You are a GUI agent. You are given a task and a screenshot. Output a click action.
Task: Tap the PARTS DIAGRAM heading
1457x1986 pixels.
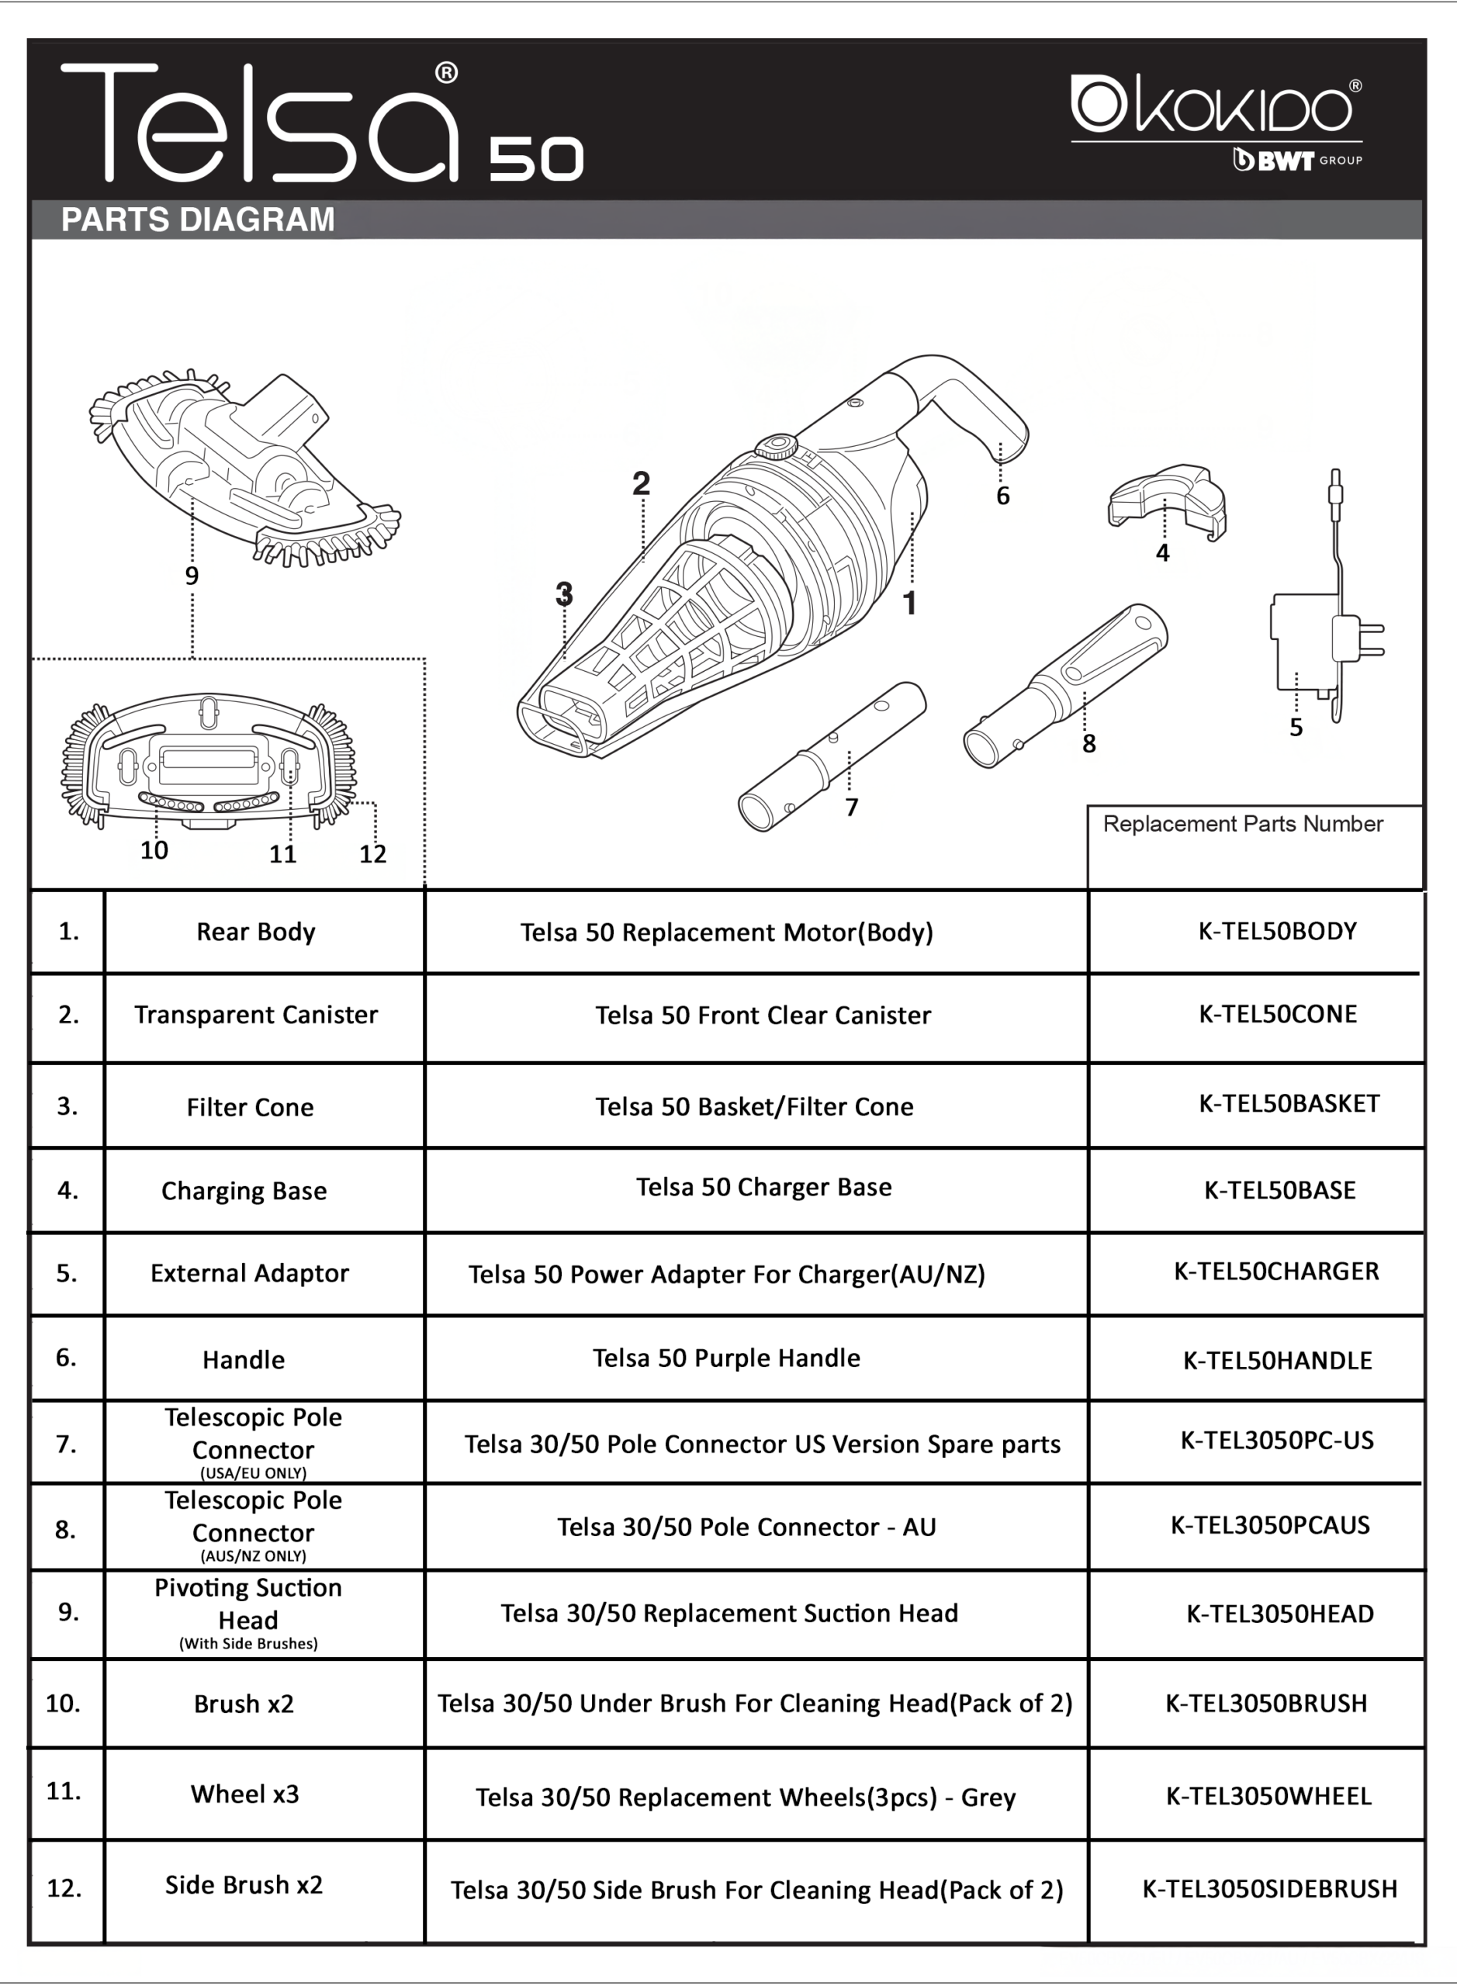click(198, 220)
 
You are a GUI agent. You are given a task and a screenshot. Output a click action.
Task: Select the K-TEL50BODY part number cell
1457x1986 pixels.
click(1277, 931)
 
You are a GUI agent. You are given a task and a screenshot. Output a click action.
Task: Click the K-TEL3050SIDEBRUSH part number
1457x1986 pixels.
click(1270, 1888)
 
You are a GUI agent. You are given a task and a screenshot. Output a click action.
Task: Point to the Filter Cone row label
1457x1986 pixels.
click(250, 1107)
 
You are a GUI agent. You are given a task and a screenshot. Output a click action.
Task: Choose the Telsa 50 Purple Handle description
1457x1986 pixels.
click(726, 1357)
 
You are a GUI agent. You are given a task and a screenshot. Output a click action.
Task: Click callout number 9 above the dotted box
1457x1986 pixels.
click(192, 576)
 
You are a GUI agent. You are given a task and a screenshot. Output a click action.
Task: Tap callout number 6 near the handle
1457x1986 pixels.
click(1003, 496)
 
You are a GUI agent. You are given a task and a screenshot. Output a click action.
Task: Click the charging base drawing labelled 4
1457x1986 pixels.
click(1166, 503)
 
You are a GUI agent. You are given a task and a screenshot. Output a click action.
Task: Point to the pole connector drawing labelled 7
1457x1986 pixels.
click(831, 756)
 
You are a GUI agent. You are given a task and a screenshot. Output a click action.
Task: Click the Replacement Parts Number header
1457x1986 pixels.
click(1243, 824)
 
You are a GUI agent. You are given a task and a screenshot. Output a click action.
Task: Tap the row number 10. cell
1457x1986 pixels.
click(64, 1703)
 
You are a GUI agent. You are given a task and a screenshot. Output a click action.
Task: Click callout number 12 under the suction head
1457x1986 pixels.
click(372, 853)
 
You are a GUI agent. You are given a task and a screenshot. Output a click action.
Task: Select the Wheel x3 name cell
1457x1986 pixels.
click(245, 1794)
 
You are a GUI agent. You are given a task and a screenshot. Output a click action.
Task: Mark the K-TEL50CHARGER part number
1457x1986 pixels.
click(1276, 1271)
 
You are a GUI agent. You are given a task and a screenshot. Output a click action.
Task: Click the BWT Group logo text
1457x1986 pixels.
click(1296, 161)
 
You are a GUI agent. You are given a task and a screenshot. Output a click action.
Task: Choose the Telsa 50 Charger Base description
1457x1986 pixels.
click(763, 1187)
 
